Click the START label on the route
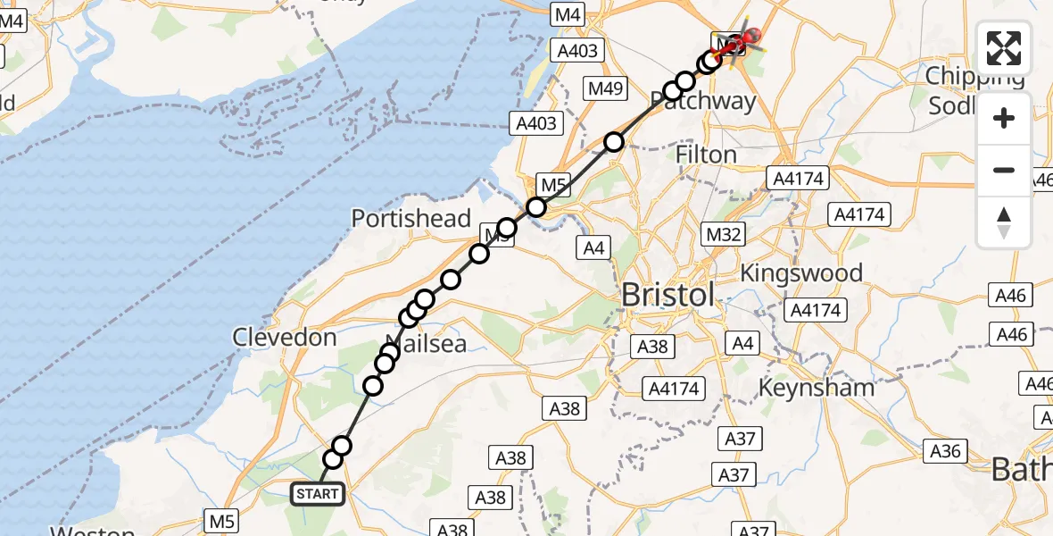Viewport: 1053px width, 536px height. tap(318, 493)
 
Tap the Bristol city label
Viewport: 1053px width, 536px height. tap(668, 294)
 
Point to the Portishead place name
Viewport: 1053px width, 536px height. tap(410, 218)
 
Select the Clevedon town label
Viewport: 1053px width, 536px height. tap(285, 337)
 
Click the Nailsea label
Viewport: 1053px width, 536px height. tap(426, 343)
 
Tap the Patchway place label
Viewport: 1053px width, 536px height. tap(710, 100)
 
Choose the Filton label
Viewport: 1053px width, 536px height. tap(707, 155)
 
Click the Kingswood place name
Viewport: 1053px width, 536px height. tap(801, 272)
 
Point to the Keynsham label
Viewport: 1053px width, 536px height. tap(816, 388)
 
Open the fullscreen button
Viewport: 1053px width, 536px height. tap(1004, 48)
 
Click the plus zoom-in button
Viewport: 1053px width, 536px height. tap(1004, 118)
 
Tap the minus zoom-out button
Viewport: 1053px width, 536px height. tap(1004, 170)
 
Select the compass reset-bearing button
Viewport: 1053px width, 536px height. tap(1004, 222)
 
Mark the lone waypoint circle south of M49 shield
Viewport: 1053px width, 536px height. tap(614, 141)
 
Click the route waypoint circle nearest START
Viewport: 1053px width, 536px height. tap(333, 459)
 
